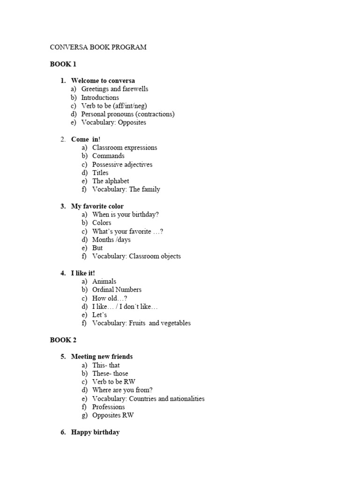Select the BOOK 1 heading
coord(63,64)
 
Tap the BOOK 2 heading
coord(63,340)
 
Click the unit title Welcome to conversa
coord(103,81)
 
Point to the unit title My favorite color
coord(97,206)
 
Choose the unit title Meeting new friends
coord(102,357)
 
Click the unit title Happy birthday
coord(95,432)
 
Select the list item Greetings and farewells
coord(114,89)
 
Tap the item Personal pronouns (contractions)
coord(127,114)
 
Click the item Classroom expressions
coord(125,148)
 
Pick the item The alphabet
coord(111,181)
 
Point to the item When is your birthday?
coord(126,215)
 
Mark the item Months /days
coord(112,240)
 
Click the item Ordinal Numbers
coord(117,290)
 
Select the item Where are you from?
coord(122,390)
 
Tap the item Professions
coord(109,407)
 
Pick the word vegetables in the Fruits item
coord(175,323)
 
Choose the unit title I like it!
coord(83,273)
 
